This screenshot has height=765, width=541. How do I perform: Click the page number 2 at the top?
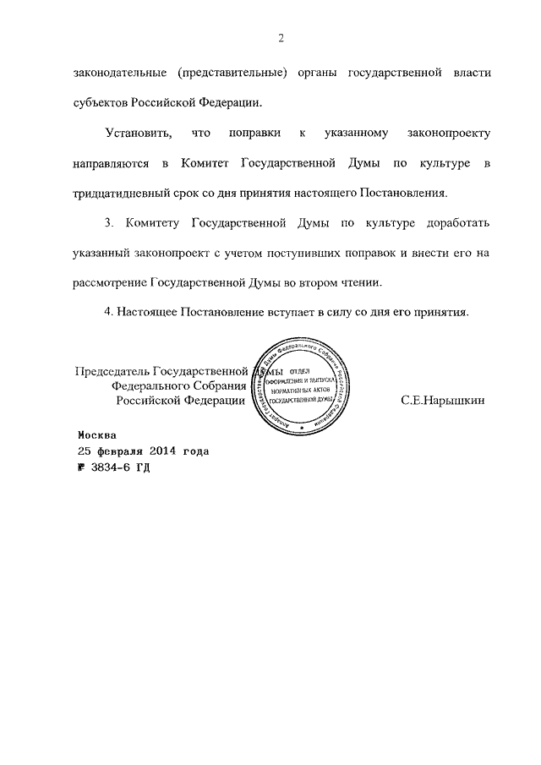click(279, 38)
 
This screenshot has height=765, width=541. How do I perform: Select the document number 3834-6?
click(115, 467)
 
